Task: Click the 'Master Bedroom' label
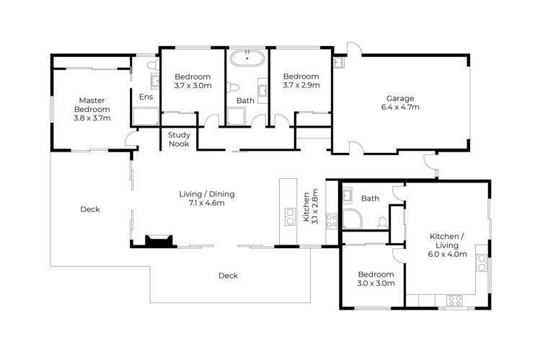pos(92,109)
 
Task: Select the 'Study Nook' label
pos(179,139)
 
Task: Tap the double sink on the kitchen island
pos(290,216)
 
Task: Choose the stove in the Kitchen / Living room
pos(454,299)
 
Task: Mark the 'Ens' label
pos(145,96)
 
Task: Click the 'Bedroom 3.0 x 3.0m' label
pos(376,278)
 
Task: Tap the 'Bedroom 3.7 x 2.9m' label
pos(300,81)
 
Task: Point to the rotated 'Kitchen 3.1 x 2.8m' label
pos(310,208)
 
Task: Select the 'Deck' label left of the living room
pos(89,209)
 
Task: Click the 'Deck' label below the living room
pos(228,275)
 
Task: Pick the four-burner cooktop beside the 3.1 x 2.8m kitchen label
pos(332,219)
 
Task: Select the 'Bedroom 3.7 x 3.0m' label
pos(192,81)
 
